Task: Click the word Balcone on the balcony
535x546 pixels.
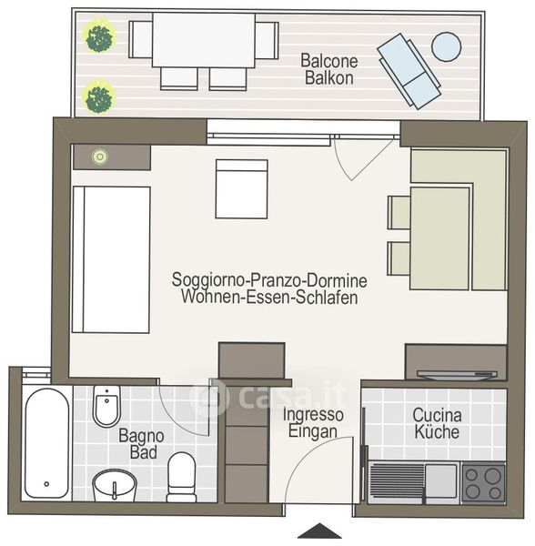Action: pyautogui.click(x=329, y=61)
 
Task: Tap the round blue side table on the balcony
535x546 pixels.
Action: pyautogui.click(x=446, y=46)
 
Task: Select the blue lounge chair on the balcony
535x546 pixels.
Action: pyautogui.click(x=409, y=71)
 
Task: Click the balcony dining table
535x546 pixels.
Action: pyautogui.click(x=204, y=40)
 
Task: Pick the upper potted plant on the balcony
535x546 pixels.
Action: pyautogui.click(x=101, y=36)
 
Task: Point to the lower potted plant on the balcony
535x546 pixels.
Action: pyautogui.click(x=99, y=98)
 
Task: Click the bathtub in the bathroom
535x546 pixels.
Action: pyautogui.click(x=46, y=443)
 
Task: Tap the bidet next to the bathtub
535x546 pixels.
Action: pyautogui.click(x=107, y=406)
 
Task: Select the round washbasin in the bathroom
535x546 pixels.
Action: pyautogui.click(x=114, y=484)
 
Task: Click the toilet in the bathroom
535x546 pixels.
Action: pyautogui.click(x=181, y=477)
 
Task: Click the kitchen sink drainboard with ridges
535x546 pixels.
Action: pyautogui.click(x=396, y=482)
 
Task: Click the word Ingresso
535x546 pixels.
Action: pyautogui.click(x=313, y=414)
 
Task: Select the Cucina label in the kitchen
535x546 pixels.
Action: pyautogui.click(x=437, y=415)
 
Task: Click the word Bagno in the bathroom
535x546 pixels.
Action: pyautogui.click(x=141, y=436)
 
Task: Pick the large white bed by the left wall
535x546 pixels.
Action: pyautogui.click(x=111, y=259)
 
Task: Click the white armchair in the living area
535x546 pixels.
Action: pyautogui.click(x=241, y=189)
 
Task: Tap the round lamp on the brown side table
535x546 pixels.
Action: pyautogui.click(x=100, y=157)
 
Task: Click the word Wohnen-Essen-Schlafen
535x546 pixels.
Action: pyautogui.click(x=269, y=297)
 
